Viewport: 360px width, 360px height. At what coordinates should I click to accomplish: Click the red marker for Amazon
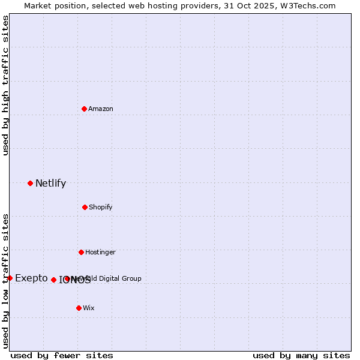point(84,109)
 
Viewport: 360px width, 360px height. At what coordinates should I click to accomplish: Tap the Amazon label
point(101,109)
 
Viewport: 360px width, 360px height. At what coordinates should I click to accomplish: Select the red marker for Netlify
point(30,183)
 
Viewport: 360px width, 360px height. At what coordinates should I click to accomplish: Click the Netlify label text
point(50,184)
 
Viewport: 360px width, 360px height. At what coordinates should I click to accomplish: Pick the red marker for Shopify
point(85,207)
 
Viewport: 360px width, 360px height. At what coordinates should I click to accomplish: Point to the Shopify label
point(101,208)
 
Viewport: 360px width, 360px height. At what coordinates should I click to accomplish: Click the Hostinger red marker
point(81,252)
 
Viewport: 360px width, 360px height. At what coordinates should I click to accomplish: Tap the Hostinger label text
point(100,253)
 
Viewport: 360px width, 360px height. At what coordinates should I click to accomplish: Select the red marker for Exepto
point(10,278)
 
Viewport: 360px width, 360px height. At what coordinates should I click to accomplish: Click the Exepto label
point(31,278)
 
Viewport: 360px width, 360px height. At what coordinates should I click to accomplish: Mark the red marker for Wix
point(79,308)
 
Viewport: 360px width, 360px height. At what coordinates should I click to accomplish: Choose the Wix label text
point(89,308)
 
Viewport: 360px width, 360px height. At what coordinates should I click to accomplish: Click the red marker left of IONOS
point(53,280)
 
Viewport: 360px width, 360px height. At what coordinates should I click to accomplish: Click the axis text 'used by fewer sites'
point(62,355)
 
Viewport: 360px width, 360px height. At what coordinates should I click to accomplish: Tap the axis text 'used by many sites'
point(301,355)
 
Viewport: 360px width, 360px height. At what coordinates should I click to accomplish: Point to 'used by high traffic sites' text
point(6,85)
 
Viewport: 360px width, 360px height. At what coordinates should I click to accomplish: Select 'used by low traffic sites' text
point(6,281)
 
